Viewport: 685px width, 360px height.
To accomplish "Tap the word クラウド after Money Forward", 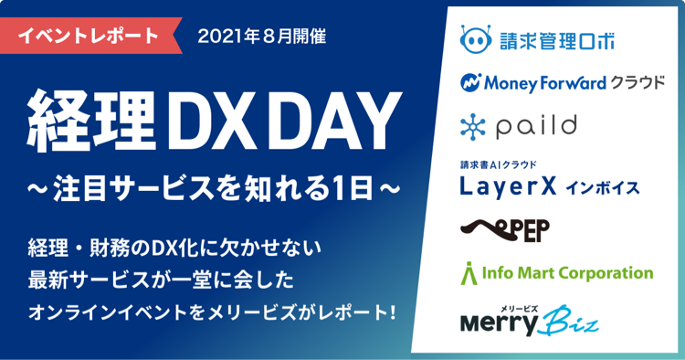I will coord(639,83).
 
